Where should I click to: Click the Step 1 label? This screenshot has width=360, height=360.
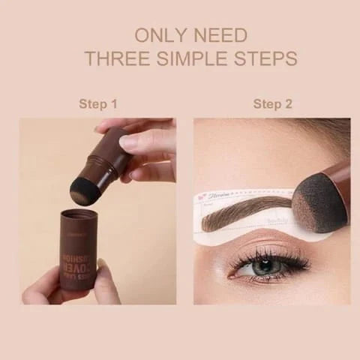click(x=98, y=103)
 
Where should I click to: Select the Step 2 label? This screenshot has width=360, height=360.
click(x=272, y=103)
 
